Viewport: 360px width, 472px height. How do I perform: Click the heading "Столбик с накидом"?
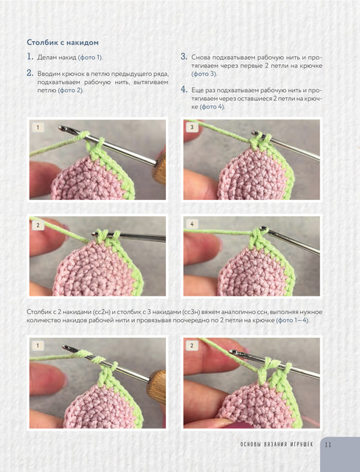[x=63, y=43]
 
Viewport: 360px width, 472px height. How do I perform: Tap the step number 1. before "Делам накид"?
[x=30, y=57]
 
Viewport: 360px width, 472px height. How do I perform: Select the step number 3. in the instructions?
[x=184, y=57]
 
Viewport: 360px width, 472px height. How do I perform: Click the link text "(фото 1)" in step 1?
[x=90, y=58]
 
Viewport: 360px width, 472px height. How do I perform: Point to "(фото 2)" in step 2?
[x=70, y=90]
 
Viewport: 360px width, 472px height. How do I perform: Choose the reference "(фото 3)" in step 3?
[x=204, y=74]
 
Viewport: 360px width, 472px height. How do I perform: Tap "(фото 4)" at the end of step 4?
[x=212, y=107]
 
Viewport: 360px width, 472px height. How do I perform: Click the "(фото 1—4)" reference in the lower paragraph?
[x=292, y=320]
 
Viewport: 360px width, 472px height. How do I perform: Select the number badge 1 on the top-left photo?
[x=38, y=128]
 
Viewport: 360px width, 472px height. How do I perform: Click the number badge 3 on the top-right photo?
[x=192, y=128]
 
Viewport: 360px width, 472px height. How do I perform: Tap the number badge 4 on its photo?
[x=192, y=224]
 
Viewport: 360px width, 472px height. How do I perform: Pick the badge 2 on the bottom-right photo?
[x=192, y=346]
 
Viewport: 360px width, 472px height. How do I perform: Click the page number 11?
[x=328, y=445]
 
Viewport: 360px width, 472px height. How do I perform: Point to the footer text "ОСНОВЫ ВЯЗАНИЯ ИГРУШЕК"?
[x=277, y=444]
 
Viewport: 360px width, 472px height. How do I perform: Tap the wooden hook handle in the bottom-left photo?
[x=157, y=386]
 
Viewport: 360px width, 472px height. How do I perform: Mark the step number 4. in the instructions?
[x=184, y=90]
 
